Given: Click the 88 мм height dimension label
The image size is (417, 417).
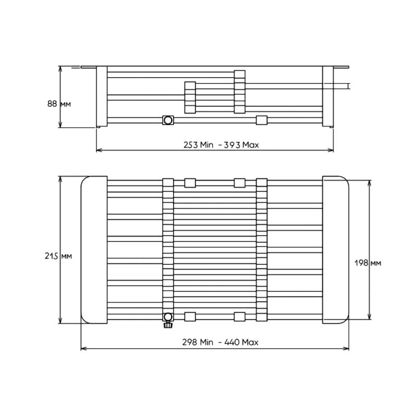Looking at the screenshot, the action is click(x=59, y=104).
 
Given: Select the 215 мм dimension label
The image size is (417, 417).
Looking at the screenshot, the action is click(x=58, y=256).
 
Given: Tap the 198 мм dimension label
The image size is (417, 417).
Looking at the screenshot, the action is click(x=368, y=263).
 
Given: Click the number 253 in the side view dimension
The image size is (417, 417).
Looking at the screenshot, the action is click(x=191, y=145).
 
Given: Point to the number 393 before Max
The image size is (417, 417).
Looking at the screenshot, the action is click(x=232, y=145).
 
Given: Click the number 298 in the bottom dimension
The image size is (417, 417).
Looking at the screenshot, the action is click(x=190, y=342).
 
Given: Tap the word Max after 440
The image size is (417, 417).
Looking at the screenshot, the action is click(x=250, y=342).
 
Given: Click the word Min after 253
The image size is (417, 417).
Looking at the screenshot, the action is click(x=206, y=145).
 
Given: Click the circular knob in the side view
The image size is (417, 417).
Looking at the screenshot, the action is click(x=168, y=120).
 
